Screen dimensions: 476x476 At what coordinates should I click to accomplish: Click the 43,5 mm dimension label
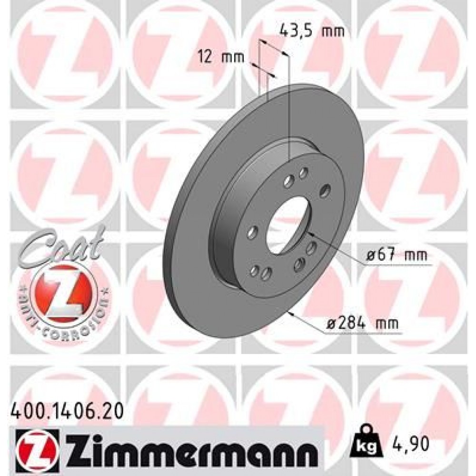(x=311, y=32)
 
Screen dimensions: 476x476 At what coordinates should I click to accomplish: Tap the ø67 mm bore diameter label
(x=397, y=256)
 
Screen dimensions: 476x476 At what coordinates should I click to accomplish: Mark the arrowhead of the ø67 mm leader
(x=311, y=233)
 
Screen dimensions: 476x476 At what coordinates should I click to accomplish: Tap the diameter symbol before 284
(x=332, y=324)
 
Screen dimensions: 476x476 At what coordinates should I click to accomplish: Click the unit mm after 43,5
(x=334, y=32)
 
